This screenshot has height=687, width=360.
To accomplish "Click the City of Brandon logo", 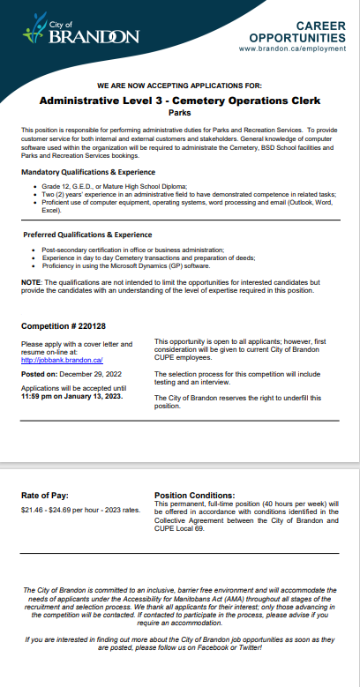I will (x=80, y=32).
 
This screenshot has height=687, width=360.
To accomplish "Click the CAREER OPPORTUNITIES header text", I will (x=296, y=33).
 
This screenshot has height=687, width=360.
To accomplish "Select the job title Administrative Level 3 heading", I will (x=180, y=101).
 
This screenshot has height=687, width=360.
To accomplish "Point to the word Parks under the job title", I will (x=180, y=113).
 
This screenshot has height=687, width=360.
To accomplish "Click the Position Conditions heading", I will (x=194, y=496).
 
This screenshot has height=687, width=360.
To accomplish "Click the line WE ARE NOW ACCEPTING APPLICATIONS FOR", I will (x=180, y=86).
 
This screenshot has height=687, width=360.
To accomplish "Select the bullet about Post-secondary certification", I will (x=132, y=250).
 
